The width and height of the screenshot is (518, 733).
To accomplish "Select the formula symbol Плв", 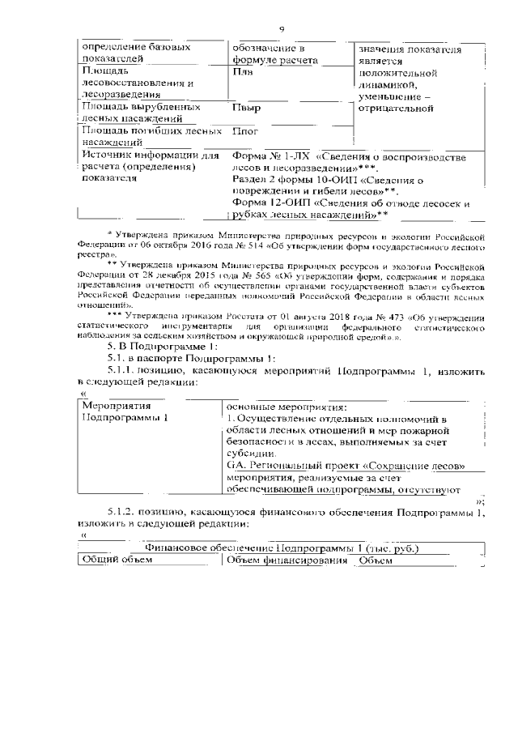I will [242, 71].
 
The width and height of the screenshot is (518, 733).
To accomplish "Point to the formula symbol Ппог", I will [245, 130].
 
